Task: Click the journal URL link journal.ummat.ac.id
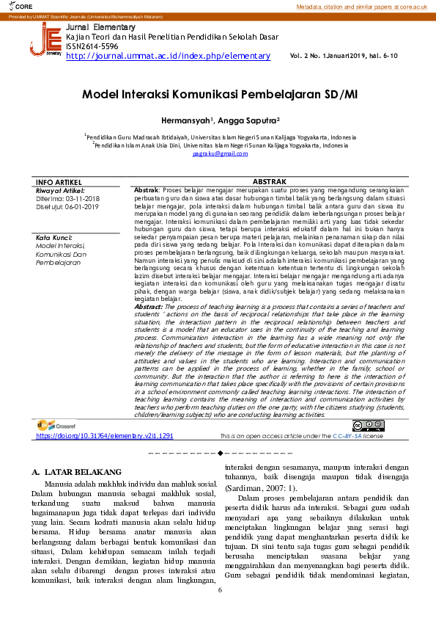pos(168,56)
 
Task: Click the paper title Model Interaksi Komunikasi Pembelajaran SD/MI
pos(218,95)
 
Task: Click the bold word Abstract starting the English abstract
pos(148,306)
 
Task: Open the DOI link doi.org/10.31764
pos(104,435)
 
